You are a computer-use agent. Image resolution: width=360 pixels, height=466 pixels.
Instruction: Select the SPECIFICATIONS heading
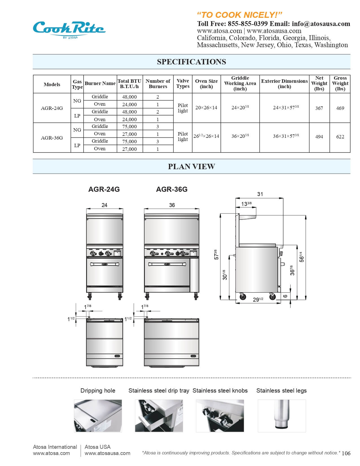click(191, 62)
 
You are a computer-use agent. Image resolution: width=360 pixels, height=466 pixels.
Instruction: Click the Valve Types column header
click(183, 84)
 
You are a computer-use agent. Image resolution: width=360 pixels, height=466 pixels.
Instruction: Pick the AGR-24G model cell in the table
click(52, 108)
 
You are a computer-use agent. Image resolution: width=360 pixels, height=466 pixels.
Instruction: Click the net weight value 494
click(319, 137)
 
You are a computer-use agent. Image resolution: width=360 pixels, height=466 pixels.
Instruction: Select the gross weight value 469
click(340, 108)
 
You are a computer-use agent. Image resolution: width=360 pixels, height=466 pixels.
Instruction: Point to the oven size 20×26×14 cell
click(206, 108)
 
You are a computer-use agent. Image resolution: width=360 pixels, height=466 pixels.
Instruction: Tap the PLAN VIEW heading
click(191, 167)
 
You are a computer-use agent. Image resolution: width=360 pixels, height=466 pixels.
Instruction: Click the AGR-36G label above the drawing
click(172, 189)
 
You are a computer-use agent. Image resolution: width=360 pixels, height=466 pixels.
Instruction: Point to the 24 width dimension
click(104, 205)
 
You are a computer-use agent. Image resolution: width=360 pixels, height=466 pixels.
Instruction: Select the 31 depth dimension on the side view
click(260, 194)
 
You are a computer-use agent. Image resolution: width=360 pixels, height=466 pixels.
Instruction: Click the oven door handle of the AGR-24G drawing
click(104, 264)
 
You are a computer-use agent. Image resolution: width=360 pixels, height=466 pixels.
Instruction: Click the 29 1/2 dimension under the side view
click(258, 300)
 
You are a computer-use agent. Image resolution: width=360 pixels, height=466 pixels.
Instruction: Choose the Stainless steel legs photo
click(282, 416)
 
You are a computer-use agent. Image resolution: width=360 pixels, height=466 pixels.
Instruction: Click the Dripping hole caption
click(98, 391)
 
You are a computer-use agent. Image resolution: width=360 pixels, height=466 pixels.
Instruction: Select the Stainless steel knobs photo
click(220, 416)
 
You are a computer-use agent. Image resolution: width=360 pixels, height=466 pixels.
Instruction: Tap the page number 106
click(346, 453)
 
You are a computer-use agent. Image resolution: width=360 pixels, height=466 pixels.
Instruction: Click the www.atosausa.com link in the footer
click(107, 453)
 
